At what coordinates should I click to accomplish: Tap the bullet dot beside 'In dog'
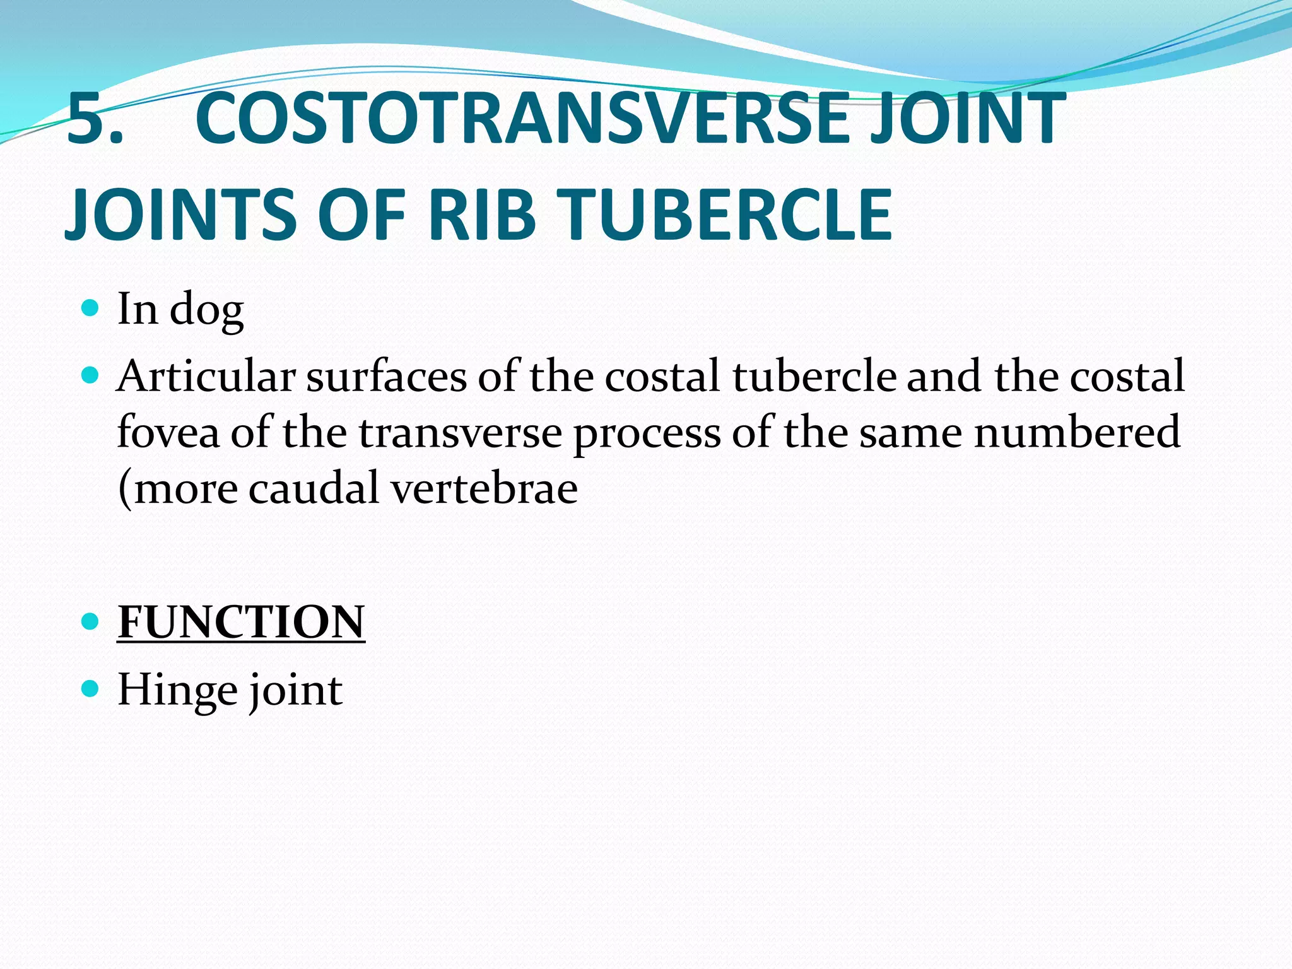point(91,308)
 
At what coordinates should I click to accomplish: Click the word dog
point(206,310)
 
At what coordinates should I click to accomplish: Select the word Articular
point(206,377)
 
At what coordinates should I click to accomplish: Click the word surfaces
point(386,377)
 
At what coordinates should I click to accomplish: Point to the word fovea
point(168,432)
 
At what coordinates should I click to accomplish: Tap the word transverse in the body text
point(460,432)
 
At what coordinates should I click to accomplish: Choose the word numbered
point(1076,432)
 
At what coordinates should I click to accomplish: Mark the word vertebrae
point(484,488)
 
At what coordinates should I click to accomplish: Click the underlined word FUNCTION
point(241,622)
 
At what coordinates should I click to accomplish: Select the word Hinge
point(176,690)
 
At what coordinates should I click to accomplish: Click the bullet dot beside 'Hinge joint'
point(91,689)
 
